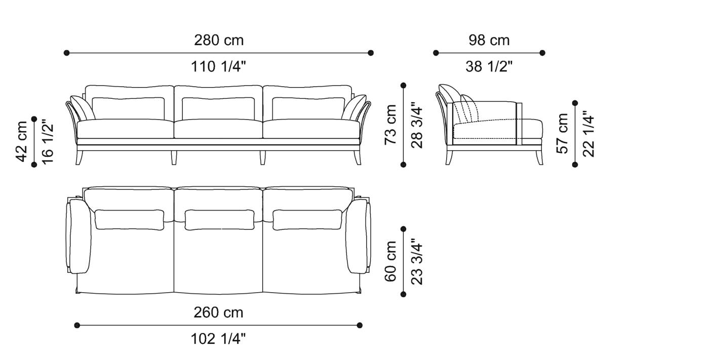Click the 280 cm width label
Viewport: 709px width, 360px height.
coord(218,40)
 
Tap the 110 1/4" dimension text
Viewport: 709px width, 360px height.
coord(218,66)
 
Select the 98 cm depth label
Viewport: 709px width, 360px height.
coord(489,40)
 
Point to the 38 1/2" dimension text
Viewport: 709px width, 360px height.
coord(489,66)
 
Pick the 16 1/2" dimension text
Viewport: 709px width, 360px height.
coord(47,141)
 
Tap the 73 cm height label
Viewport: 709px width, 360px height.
coord(391,125)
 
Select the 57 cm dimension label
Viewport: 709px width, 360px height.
coord(563,133)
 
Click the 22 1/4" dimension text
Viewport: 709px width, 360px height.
coord(588,133)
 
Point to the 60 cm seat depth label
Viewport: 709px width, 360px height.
coord(391,261)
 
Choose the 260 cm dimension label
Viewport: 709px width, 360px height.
coord(218,312)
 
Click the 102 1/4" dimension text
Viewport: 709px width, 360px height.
coord(218,339)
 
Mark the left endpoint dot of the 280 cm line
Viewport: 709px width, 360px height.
coord(66,53)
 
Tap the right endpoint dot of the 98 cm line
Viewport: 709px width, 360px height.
coord(542,53)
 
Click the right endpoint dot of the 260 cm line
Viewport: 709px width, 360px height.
coord(360,325)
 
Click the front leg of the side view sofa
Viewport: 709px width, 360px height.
coord(537,157)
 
